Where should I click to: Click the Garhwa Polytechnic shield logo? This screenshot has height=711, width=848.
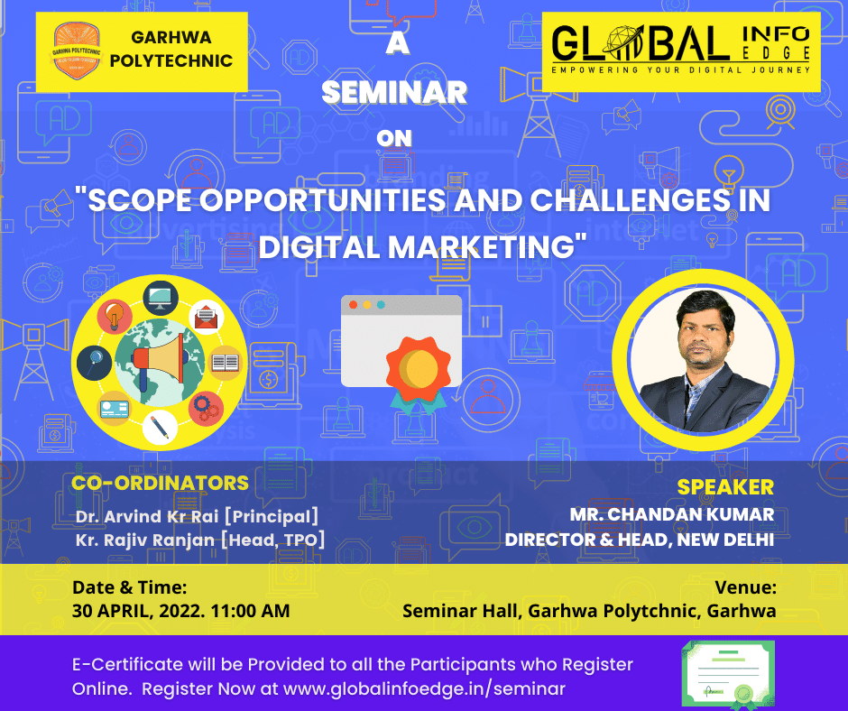tap(77, 51)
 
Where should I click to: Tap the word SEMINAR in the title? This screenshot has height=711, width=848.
tap(394, 92)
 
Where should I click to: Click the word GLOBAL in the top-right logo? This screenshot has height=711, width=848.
tap(641, 43)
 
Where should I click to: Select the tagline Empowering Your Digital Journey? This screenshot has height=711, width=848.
tap(681, 69)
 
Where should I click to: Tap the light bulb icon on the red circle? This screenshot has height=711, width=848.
tap(115, 317)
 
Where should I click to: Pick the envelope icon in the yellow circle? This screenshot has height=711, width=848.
tap(206, 318)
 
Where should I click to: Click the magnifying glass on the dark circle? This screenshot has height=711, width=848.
tap(95, 362)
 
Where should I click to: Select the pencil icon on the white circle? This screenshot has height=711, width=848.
tap(160, 428)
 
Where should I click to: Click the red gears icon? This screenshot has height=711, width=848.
tap(206, 408)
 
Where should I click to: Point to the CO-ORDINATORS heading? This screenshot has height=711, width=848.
tap(160, 483)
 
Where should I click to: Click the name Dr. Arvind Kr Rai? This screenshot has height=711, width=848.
tap(147, 516)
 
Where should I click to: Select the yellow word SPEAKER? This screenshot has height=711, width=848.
tap(725, 487)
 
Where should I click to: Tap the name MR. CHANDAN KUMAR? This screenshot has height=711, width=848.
tap(672, 514)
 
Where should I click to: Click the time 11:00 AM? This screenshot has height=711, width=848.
tap(250, 610)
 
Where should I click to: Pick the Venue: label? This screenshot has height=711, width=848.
tap(745, 587)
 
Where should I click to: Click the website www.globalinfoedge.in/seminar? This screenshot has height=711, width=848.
tap(424, 688)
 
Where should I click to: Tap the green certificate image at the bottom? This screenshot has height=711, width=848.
tap(728, 675)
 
